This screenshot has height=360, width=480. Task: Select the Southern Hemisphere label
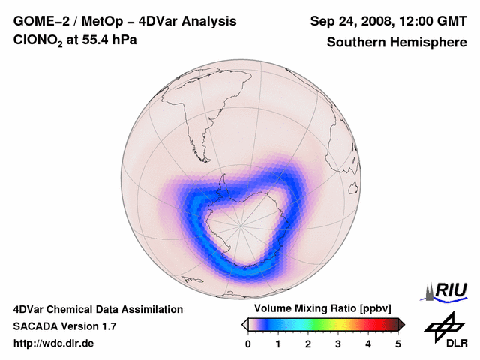click(x=397, y=42)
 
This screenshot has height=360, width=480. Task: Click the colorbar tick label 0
click(x=248, y=343)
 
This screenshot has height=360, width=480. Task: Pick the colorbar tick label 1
click(x=278, y=343)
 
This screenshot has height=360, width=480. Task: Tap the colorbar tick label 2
click(x=308, y=343)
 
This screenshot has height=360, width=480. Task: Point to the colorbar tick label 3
click(x=338, y=343)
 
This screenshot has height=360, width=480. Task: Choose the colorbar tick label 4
click(x=368, y=343)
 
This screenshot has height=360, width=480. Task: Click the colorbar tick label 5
click(x=398, y=343)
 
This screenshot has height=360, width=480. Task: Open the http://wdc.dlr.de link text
click(x=54, y=343)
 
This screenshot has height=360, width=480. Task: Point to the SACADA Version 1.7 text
click(x=64, y=326)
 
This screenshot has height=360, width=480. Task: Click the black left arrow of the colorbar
click(x=244, y=324)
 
